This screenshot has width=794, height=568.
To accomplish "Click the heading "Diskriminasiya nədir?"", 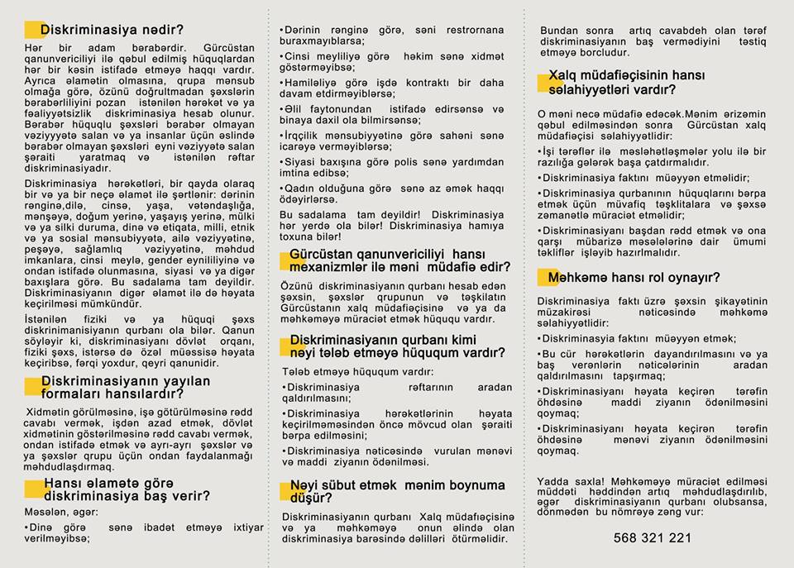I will pyautogui.click(x=112, y=30).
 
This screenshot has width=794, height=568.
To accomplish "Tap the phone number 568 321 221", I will pyautogui.click(x=652, y=538).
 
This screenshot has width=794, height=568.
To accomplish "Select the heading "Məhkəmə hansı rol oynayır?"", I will pyautogui.click(x=633, y=277).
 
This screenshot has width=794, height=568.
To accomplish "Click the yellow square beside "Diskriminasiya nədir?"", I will pyautogui.click(x=34, y=31).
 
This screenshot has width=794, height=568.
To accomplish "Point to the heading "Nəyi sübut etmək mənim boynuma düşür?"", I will pyautogui.click(x=397, y=491).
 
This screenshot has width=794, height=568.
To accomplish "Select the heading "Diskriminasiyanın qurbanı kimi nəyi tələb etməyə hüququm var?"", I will pyautogui.click(x=397, y=346).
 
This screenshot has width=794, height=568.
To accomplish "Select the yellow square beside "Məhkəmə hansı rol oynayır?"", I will pyautogui.click(x=546, y=278).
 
